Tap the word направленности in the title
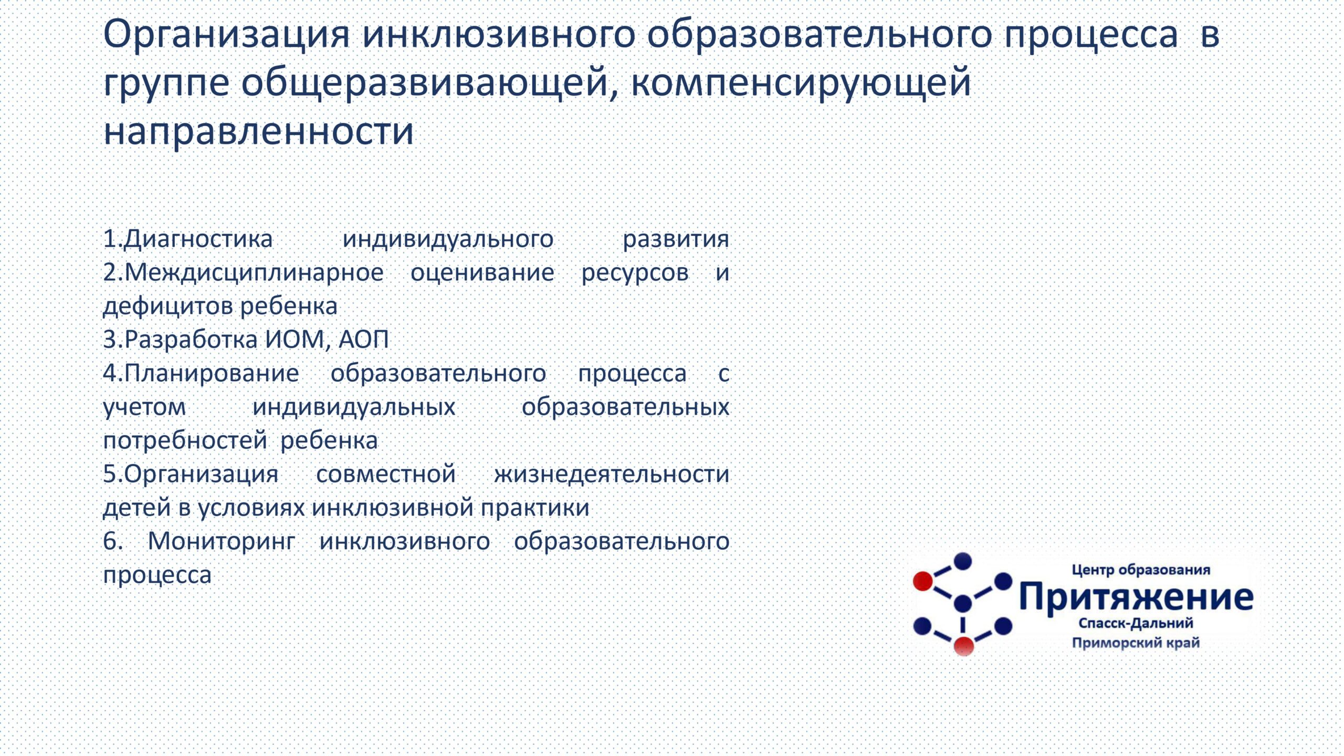click(x=259, y=130)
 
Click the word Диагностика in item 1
click(x=198, y=239)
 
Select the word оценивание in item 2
click(x=482, y=273)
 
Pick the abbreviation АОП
click(x=364, y=340)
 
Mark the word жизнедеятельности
click(x=611, y=475)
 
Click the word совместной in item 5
click(x=386, y=474)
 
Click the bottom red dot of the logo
click(x=963, y=646)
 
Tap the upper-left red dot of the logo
click(x=923, y=581)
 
